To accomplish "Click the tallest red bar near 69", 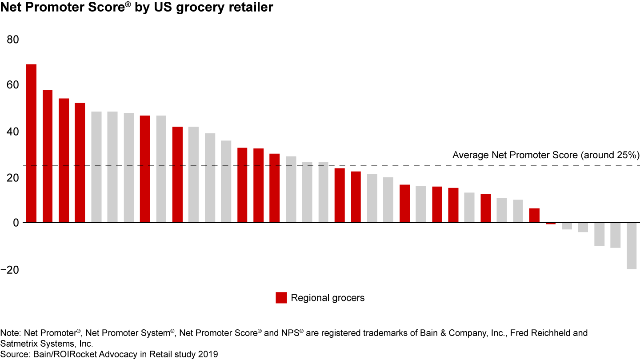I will [31, 143].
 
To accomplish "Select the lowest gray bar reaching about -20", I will [631, 245].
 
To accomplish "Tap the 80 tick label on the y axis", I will [13, 40].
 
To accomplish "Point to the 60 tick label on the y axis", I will [13, 85].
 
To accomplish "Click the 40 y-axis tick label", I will [13, 132].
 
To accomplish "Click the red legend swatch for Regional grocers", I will [281, 298].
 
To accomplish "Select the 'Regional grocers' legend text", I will [328, 298].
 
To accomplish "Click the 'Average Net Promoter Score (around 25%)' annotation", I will [545, 155].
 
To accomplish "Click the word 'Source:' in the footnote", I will [13, 354].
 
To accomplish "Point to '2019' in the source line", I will [209, 354].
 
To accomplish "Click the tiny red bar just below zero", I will [550, 224].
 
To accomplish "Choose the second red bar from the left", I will [48, 156].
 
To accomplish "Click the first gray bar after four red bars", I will [96, 167].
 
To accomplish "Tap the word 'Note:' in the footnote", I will [11, 333].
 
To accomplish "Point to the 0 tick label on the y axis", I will [16, 222].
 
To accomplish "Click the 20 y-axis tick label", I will [13, 178].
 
